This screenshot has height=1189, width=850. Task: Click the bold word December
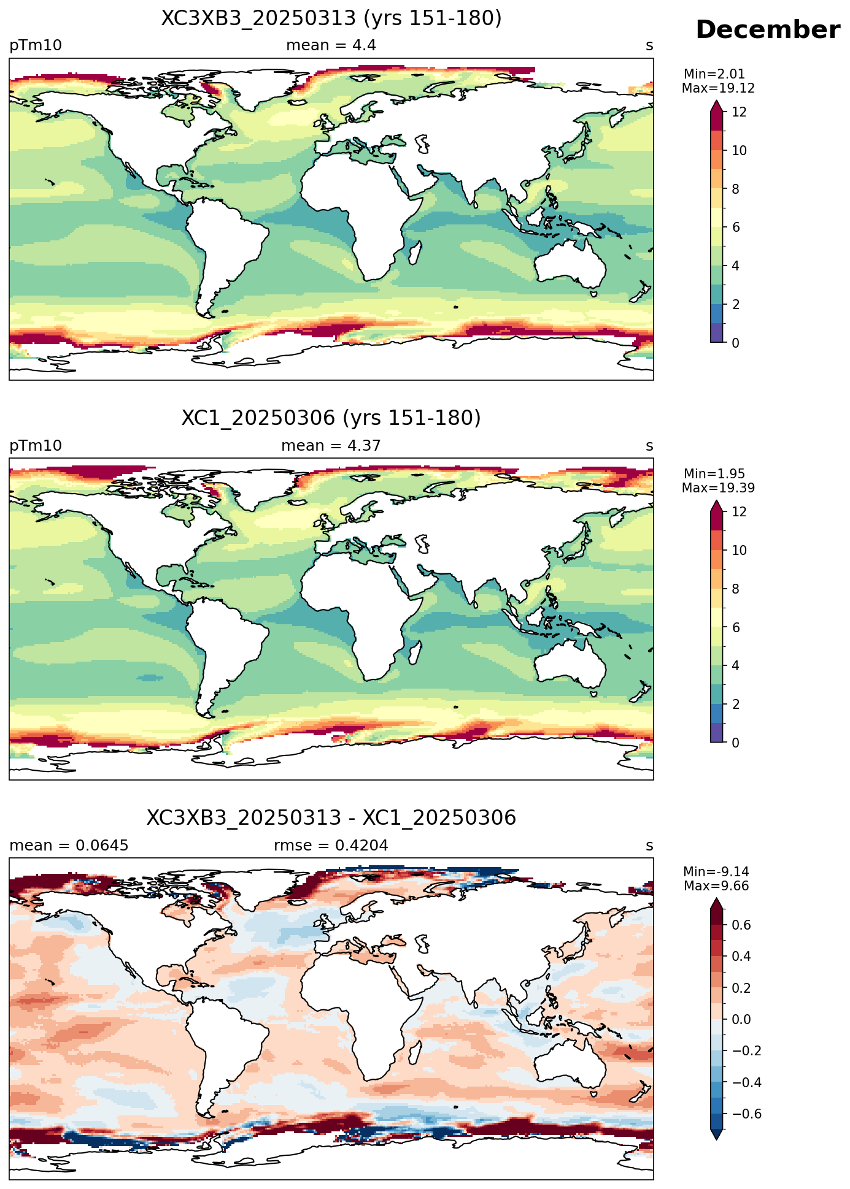[768, 30]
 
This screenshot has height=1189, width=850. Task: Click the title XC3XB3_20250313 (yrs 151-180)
[331, 18]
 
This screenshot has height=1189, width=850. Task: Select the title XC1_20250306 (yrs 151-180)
[331, 418]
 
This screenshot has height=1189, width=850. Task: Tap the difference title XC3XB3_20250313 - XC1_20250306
[331, 818]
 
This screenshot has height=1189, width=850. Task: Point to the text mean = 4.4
[331, 45]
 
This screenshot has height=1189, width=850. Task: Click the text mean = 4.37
[331, 446]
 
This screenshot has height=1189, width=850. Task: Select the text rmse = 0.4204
[331, 846]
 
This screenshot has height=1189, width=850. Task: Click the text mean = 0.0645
[69, 846]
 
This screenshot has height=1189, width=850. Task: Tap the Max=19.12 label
[718, 88]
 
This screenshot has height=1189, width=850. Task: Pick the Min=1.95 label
[714, 474]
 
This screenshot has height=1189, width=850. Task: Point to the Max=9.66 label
[716, 886]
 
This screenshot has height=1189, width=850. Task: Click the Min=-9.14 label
[716, 872]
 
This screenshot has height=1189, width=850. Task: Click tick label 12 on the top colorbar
[740, 112]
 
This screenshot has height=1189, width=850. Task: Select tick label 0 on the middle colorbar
[736, 743]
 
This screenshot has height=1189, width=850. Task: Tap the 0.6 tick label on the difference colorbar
[742, 925]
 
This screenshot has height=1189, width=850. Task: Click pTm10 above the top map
[36, 46]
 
